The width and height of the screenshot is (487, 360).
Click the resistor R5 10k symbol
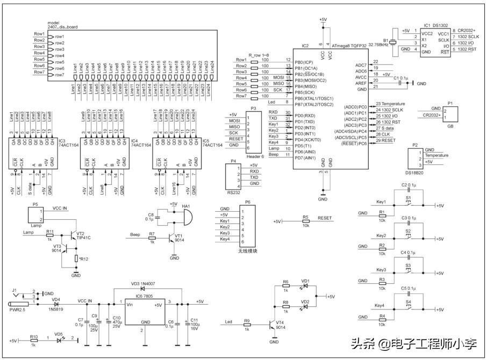pos(305,221)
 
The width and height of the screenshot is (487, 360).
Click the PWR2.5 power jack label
pos(18,310)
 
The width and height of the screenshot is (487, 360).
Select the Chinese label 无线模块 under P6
pos(247,251)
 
